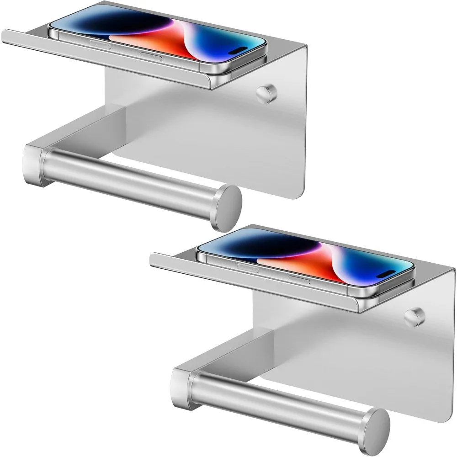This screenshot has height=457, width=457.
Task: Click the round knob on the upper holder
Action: coord(266,94)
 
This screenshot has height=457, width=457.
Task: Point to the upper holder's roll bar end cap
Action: coord(227,208)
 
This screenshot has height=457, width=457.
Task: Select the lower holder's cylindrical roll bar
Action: coord(281,400)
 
